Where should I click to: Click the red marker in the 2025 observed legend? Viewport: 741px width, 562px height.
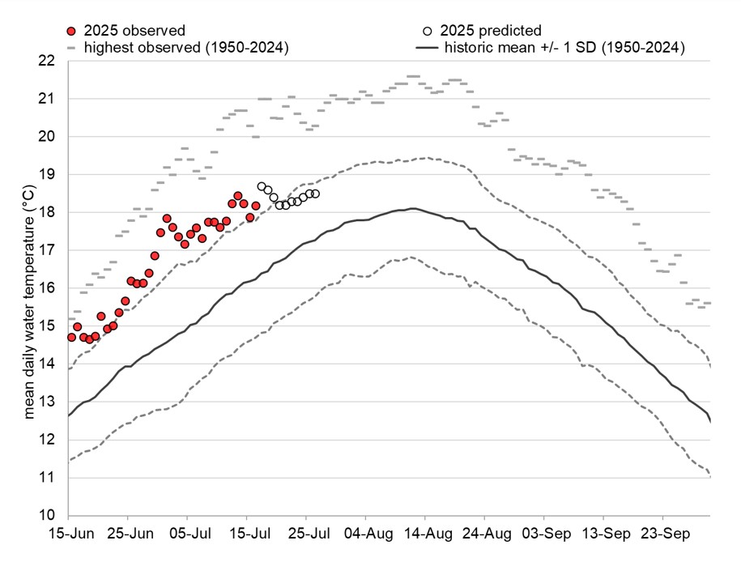click(x=72, y=32)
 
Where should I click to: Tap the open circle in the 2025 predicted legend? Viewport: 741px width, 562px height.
click(x=427, y=32)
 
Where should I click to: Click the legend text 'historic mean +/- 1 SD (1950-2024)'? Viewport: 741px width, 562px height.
click(x=564, y=48)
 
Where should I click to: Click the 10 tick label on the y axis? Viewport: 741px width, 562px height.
click(x=47, y=516)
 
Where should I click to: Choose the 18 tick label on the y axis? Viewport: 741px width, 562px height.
click(x=47, y=212)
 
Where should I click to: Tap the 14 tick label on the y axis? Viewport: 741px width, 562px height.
click(x=47, y=364)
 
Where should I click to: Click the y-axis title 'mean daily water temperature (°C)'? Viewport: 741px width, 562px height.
click(x=29, y=288)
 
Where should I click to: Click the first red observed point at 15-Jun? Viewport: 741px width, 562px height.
click(x=71, y=337)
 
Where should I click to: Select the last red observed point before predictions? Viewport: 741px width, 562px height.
click(x=256, y=206)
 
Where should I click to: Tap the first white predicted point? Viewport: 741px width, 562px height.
click(x=262, y=186)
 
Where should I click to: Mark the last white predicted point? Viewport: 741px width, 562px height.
click(x=315, y=194)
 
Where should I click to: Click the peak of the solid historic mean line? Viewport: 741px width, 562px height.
click(x=413, y=209)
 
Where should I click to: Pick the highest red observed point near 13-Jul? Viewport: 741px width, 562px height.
click(x=238, y=196)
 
